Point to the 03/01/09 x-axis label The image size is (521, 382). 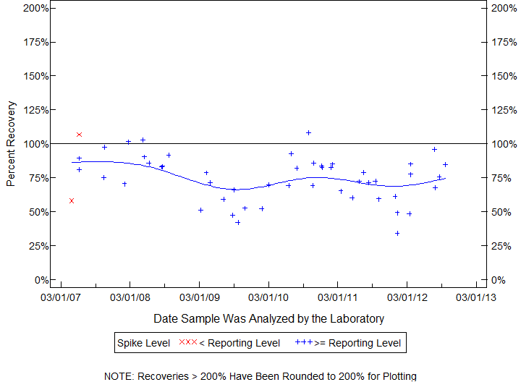[x=199, y=297]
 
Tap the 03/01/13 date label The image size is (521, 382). [x=476, y=297]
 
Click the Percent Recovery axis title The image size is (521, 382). [x=11, y=144]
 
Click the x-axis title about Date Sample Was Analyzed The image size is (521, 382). [x=268, y=318]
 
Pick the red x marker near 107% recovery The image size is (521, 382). [x=79, y=135]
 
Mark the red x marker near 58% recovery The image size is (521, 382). [x=71, y=200]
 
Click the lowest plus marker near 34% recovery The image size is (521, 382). [x=397, y=233]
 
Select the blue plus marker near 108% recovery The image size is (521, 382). [x=308, y=132]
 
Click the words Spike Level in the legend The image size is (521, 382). [x=144, y=343]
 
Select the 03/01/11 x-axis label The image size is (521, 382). [x=337, y=297]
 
